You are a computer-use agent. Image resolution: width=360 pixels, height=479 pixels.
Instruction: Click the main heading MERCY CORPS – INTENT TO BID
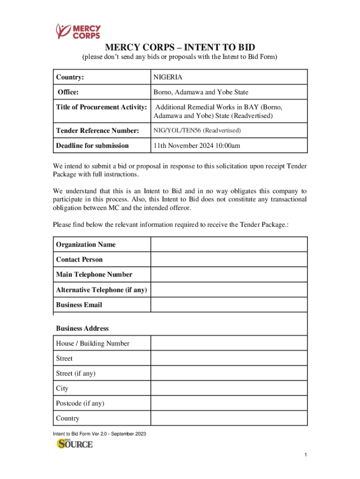click(180, 47)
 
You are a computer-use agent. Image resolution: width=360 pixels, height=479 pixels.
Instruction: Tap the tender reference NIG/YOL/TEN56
click(197, 131)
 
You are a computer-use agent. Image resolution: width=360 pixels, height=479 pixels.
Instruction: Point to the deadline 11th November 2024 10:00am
click(197, 145)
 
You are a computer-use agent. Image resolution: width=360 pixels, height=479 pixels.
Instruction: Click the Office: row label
click(68, 92)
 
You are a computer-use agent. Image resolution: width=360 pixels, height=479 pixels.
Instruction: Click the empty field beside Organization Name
click(229, 245)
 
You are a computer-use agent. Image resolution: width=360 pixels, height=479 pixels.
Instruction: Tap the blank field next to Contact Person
click(229, 260)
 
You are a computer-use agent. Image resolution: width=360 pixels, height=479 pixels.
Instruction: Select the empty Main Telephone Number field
click(229, 275)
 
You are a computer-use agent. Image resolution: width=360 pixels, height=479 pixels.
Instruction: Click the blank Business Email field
click(229, 305)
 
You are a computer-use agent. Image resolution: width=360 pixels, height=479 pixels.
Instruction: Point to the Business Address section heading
click(82, 328)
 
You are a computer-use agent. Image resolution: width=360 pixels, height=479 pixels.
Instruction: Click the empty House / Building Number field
click(229, 343)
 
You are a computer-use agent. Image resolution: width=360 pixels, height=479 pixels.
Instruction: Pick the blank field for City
click(229, 389)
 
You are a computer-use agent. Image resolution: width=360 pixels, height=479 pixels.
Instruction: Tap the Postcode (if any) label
click(80, 403)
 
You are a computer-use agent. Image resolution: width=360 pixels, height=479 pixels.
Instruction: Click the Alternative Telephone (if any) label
click(101, 290)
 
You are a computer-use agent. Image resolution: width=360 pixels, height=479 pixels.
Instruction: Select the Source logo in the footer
click(75, 443)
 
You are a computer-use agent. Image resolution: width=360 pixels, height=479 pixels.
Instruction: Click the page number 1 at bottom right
click(305, 455)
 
